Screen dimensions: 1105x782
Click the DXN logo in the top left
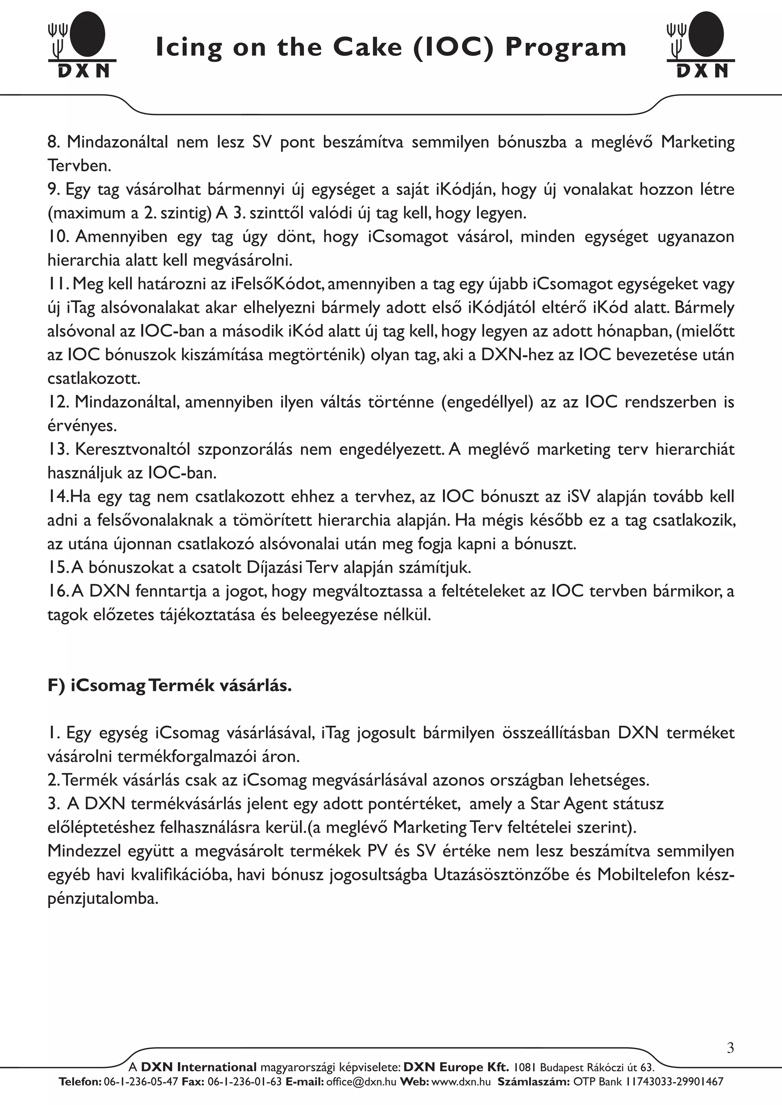point(82,45)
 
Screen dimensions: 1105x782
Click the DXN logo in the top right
point(701,45)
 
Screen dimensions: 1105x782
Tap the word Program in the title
point(565,48)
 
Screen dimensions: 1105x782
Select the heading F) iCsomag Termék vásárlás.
point(170,685)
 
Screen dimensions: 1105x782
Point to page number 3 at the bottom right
point(730,1048)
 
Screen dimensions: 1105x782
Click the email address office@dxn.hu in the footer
point(361,1082)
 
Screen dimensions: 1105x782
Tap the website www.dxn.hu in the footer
point(461,1082)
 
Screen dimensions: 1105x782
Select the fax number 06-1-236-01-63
point(245,1082)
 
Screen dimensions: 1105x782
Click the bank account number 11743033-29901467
point(674,1082)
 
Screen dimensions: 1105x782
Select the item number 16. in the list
point(58,591)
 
